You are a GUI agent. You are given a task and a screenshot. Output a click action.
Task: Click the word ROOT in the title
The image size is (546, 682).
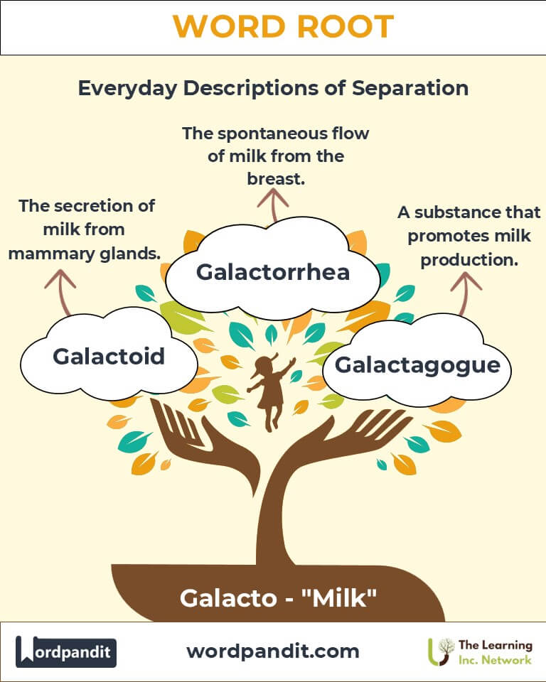click(346, 26)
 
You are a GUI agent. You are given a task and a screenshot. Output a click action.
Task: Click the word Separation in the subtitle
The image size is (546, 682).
click(410, 88)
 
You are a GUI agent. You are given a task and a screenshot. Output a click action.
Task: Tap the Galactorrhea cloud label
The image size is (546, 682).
click(273, 272)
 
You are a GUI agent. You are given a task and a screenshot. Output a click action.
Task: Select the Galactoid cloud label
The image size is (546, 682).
click(109, 356)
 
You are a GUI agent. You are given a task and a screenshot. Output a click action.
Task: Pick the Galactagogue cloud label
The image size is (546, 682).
click(417, 365)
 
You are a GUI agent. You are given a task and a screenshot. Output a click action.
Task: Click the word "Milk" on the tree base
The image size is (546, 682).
click(338, 598)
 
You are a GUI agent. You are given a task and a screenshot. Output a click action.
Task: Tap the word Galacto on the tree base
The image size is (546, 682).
click(229, 598)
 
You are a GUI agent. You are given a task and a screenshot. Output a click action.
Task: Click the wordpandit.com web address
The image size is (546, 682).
click(273, 651)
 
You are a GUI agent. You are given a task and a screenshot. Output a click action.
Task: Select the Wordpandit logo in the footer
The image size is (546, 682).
click(66, 651)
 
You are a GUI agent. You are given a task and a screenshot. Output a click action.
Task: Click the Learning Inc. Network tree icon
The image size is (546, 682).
click(441, 651)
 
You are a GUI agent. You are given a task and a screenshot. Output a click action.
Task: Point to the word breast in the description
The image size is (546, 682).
click(276, 179)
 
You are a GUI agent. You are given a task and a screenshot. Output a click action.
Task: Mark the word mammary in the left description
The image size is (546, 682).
click(52, 254)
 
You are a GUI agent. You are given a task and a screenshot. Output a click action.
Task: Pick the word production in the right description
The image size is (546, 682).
click(469, 260)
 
